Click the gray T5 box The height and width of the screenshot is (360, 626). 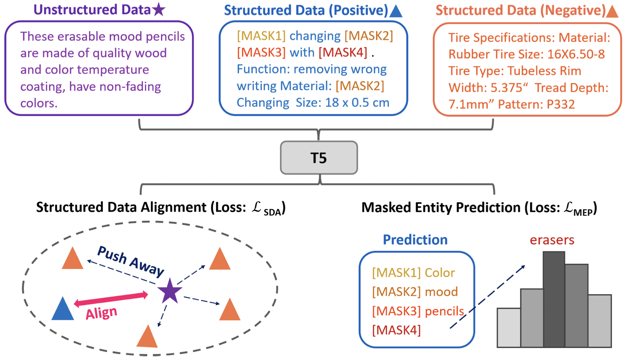(x=319, y=158)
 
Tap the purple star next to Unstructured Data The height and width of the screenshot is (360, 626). (x=159, y=9)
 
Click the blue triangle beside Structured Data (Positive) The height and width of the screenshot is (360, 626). (x=396, y=11)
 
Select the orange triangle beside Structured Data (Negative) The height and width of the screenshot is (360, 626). (x=612, y=11)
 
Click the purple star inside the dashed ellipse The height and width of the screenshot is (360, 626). (x=170, y=291)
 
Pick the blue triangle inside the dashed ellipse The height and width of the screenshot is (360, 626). (x=62, y=310)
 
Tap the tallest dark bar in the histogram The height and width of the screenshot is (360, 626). (x=554, y=299)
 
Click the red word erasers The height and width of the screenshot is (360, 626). (x=552, y=240)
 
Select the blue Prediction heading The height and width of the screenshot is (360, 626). (x=415, y=240)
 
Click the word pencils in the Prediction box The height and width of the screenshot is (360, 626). (x=444, y=311)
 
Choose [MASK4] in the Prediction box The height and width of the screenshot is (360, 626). (x=396, y=330)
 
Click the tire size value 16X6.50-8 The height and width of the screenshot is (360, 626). (x=576, y=54)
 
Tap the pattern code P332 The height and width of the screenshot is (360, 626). (x=561, y=104)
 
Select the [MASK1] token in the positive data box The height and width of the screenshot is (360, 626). (x=261, y=36)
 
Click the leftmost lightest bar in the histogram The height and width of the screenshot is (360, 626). (x=509, y=328)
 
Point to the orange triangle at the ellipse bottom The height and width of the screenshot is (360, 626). (x=147, y=337)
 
